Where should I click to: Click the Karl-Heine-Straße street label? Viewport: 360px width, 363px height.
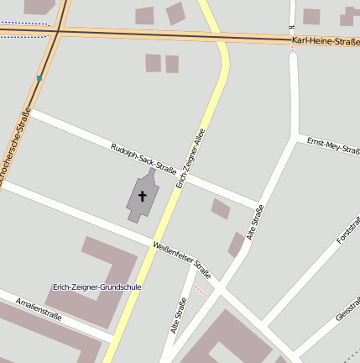click(326, 41)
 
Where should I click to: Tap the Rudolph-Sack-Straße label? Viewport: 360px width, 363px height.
click(143, 159)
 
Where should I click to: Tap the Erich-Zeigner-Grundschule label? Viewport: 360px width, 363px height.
click(97, 287)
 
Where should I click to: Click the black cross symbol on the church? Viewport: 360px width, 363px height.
click(143, 197)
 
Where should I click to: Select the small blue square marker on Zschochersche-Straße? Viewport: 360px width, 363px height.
click(39, 78)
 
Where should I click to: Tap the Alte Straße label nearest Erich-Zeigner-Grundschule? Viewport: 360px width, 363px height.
click(177, 317)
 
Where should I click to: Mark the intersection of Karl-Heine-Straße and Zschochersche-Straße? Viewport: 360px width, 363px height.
click(58, 31)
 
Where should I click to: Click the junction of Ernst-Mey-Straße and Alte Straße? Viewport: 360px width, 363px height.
click(295, 136)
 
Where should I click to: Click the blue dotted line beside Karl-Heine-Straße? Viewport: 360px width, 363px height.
click(23, 24)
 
